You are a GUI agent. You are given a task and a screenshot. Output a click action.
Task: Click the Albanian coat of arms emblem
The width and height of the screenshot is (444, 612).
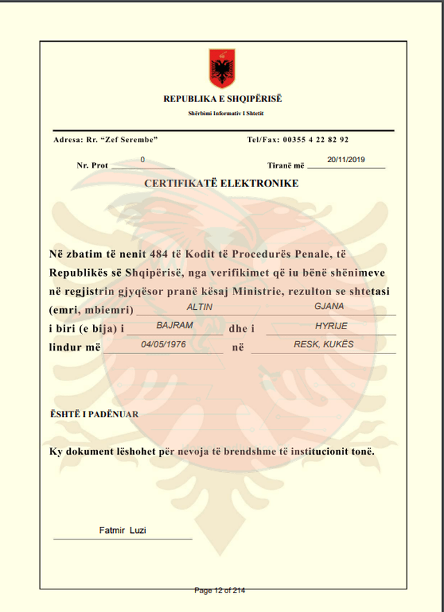click(x=223, y=69)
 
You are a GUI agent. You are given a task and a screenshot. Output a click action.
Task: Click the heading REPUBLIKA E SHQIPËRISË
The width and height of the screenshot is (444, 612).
click(x=223, y=98)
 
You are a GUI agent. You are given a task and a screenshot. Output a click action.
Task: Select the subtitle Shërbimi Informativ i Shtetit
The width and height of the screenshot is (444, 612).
click(x=223, y=113)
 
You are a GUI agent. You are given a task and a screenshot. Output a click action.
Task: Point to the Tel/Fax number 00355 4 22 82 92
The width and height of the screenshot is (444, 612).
click(x=316, y=140)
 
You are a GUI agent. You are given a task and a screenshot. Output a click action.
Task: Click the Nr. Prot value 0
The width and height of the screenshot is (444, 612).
click(x=143, y=160)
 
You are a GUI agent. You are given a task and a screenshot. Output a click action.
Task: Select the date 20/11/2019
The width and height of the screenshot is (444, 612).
click(x=346, y=159)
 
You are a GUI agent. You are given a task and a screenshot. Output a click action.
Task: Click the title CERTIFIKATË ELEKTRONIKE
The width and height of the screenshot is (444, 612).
click(x=221, y=184)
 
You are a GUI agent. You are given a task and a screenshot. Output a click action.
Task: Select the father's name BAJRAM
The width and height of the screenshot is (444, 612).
click(x=174, y=324)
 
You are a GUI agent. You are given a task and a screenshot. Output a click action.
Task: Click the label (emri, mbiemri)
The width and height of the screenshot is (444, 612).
click(x=91, y=310)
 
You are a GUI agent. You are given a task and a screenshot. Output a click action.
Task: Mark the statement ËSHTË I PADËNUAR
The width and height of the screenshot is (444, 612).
click(x=94, y=414)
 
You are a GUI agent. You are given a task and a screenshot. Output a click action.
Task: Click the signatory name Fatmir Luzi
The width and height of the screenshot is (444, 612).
click(x=123, y=531)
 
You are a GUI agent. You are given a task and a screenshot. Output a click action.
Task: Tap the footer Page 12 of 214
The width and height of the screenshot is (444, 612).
click(x=220, y=591)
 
